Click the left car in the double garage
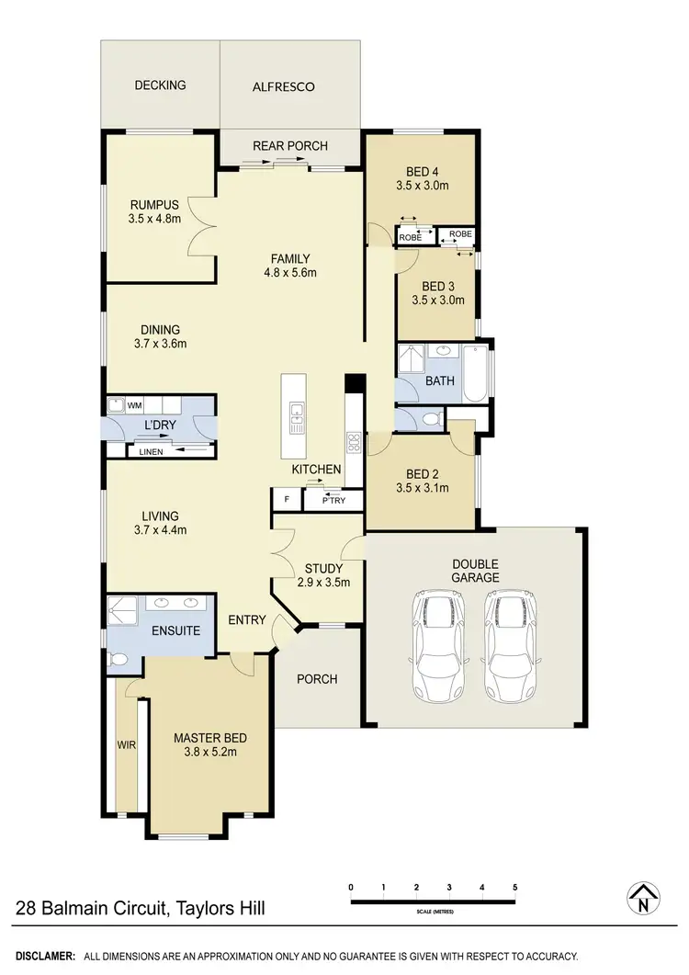437,646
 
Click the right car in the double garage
507,646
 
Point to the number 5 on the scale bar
515,887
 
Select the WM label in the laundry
134,404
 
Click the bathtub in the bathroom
475,373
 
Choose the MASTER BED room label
210,737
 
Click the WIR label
126,744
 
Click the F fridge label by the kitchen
287,500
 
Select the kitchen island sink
296,419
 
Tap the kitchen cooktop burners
352,442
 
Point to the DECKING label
160,85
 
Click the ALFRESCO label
284,87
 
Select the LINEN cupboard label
151,451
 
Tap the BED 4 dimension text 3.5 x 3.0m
422,186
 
